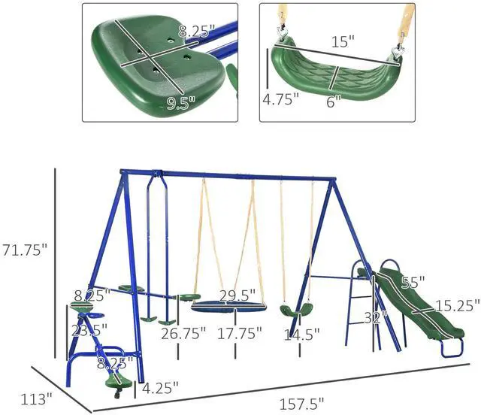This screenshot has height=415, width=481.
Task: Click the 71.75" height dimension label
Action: (x=25, y=250)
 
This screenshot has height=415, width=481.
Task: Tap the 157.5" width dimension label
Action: (x=301, y=404)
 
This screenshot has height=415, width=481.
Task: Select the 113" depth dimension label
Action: (x=36, y=399)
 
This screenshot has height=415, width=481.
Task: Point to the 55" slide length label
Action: (x=413, y=283)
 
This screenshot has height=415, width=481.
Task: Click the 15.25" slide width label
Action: (x=458, y=306)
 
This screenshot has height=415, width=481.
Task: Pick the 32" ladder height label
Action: (x=375, y=318)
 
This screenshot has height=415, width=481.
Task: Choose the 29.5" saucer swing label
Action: (x=237, y=295)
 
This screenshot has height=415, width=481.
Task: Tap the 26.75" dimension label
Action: (x=183, y=334)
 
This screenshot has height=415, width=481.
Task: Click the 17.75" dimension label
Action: (x=240, y=333)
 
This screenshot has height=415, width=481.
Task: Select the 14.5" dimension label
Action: (x=301, y=335)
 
